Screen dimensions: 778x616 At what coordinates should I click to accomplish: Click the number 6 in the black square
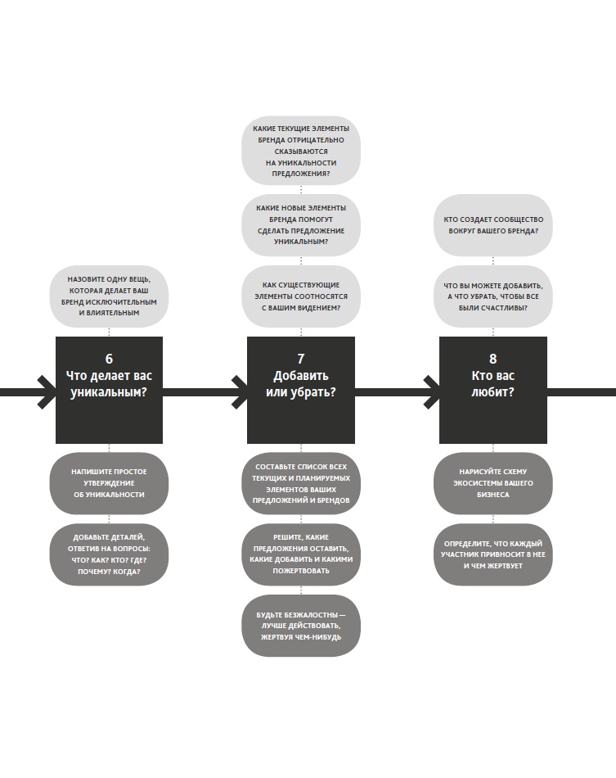[109, 359]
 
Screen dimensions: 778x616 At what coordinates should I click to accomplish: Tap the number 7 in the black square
[301, 359]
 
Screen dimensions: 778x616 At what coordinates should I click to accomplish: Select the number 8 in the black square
[492, 359]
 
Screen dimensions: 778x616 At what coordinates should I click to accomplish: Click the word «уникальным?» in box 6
[109, 392]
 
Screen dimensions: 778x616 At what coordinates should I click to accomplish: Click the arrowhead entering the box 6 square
[47, 391]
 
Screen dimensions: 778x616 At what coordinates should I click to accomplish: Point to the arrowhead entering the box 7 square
[239, 391]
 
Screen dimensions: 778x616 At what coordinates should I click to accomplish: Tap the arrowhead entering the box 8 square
[431, 391]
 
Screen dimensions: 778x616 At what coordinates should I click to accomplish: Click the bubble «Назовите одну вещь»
[109, 296]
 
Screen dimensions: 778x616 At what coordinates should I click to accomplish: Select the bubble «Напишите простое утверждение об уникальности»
[109, 483]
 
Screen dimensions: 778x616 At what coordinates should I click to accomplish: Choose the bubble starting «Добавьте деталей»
[109, 554]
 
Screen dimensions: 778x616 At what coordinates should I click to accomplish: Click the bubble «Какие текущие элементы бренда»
[301, 151]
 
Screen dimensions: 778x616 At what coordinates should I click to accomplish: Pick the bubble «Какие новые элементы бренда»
[301, 225]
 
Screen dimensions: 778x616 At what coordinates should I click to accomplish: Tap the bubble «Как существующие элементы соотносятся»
[301, 296]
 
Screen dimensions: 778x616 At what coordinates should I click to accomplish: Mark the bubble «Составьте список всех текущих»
[301, 483]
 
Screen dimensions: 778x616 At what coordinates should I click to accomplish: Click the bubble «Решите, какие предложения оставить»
[301, 554]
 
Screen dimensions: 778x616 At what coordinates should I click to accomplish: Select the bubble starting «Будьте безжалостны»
[301, 626]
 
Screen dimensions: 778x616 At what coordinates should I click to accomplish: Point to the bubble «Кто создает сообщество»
[492, 225]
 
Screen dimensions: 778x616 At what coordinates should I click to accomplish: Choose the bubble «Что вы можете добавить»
[492, 296]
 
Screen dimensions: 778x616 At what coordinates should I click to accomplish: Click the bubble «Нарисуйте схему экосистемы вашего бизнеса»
[492, 483]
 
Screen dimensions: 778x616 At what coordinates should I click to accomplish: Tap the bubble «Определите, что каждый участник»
[492, 554]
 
